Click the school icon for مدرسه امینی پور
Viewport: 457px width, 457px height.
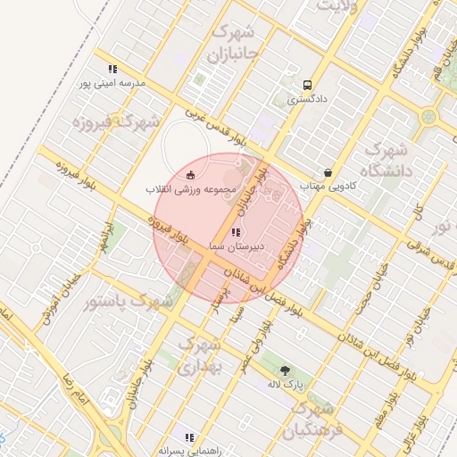[x=112, y=69]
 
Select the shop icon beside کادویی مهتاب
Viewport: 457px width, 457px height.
[x=328, y=172]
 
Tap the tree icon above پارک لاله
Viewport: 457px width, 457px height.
[x=285, y=370]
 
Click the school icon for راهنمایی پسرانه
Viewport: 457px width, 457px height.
[x=189, y=437]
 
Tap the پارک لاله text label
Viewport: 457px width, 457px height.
[x=287, y=385]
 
